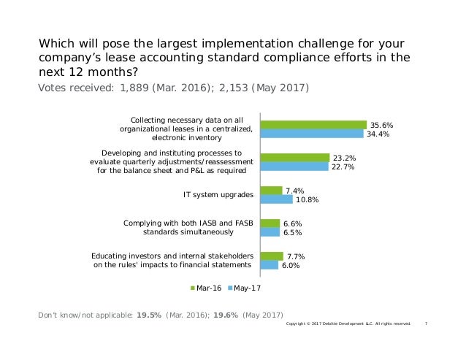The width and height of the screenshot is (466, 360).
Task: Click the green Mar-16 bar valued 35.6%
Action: coord(313,125)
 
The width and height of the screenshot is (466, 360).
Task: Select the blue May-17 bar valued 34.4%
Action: coord(312,134)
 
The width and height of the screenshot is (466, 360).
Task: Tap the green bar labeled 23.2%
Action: coord(295,158)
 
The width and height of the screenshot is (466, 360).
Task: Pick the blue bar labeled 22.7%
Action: coord(294,166)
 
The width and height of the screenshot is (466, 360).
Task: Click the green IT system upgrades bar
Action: coord(271,191)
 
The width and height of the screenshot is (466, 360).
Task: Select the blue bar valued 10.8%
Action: coord(276,199)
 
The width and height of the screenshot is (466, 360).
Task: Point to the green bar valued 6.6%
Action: coord(270,223)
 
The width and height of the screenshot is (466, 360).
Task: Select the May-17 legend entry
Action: coord(245,288)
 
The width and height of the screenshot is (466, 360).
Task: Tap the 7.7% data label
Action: coord(297,256)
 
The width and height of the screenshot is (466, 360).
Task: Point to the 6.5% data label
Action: coord(293,233)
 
